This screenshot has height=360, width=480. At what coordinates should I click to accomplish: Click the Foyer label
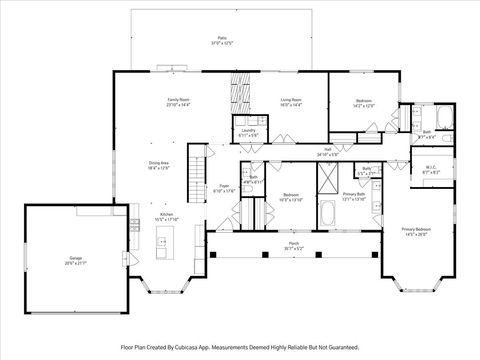[x=224, y=188]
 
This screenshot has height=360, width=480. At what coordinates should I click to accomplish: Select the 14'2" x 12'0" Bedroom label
[x=363, y=102]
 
